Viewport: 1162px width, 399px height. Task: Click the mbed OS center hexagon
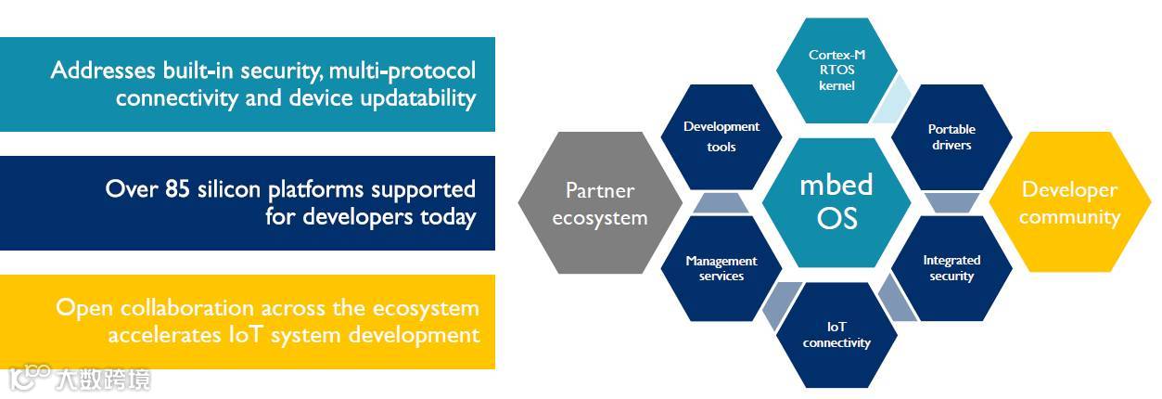[x=836, y=200]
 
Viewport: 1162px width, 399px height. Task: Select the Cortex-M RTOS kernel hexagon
[x=836, y=71]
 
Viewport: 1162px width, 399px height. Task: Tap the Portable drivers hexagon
[x=951, y=137]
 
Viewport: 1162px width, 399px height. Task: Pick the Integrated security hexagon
[x=951, y=268]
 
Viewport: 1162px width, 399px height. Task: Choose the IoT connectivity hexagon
[x=836, y=335]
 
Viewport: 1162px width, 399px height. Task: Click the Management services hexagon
[x=721, y=268]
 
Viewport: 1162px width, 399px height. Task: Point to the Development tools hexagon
[x=721, y=136]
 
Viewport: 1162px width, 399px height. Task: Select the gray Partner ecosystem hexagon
[x=599, y=203]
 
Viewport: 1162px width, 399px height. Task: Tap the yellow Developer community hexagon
[x=1069, y=203]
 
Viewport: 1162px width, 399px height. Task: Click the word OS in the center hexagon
[x=836, y=218]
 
